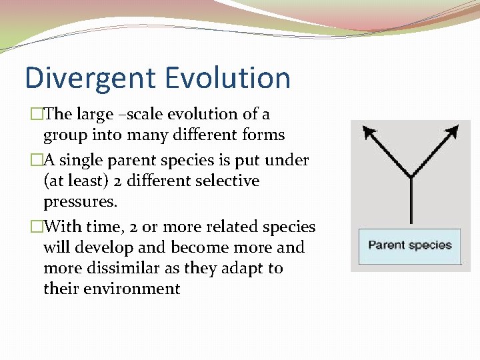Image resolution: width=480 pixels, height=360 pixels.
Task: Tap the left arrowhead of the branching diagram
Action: (x=369, y=131)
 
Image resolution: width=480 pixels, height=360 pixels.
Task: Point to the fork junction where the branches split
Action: (x=411, y=177)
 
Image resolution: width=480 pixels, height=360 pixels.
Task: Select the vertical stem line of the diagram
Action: (x=411, y=200)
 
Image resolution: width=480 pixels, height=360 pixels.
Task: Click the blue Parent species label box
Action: (x=409, y=245)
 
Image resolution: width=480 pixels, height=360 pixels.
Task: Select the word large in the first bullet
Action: (x=95, y=115)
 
